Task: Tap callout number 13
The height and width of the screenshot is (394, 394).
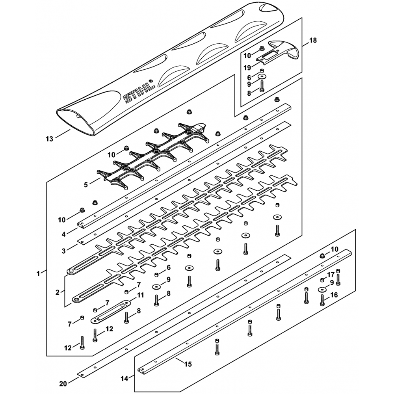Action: pyautogui.click(x=49, y=139)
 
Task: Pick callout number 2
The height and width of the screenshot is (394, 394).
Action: pyautogui.click(x=58, y=292)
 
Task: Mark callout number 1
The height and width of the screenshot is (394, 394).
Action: pyautogui.click(x=38, y=273)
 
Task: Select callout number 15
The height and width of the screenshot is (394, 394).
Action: pyautogui.click(x=188, y=364)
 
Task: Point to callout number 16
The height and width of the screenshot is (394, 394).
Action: pyautogui.click(x=334, y=295)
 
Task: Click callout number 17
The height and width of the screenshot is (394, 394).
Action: pyautogui.click(x=331, y=275)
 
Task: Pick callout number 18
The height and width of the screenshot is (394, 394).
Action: pyautogui.click(x=313, y=40)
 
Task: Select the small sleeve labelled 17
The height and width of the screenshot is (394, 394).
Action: pyautogui.click(x=323, y=280)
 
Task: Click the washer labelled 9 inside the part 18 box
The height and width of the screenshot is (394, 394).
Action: pyautogui.click(x=262, y=76)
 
